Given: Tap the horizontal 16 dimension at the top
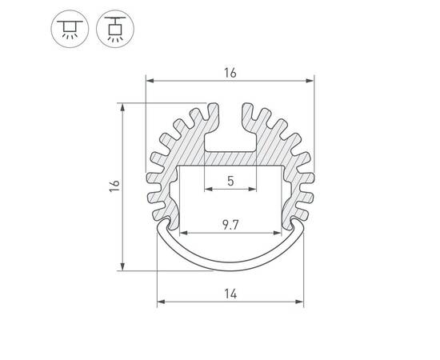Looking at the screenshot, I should tap(230, 73).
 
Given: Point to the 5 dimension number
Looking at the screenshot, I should tap(230, 181).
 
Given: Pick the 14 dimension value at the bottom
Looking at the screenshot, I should tap(230, 294).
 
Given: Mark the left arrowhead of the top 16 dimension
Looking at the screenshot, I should tap(150, 81).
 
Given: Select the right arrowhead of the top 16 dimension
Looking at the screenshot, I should tap(310, 81).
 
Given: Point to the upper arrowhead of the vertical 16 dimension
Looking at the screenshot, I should tap(122, 106).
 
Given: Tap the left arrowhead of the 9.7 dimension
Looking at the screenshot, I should tap(181, 234).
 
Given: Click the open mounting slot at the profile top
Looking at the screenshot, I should tap(230, 128).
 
